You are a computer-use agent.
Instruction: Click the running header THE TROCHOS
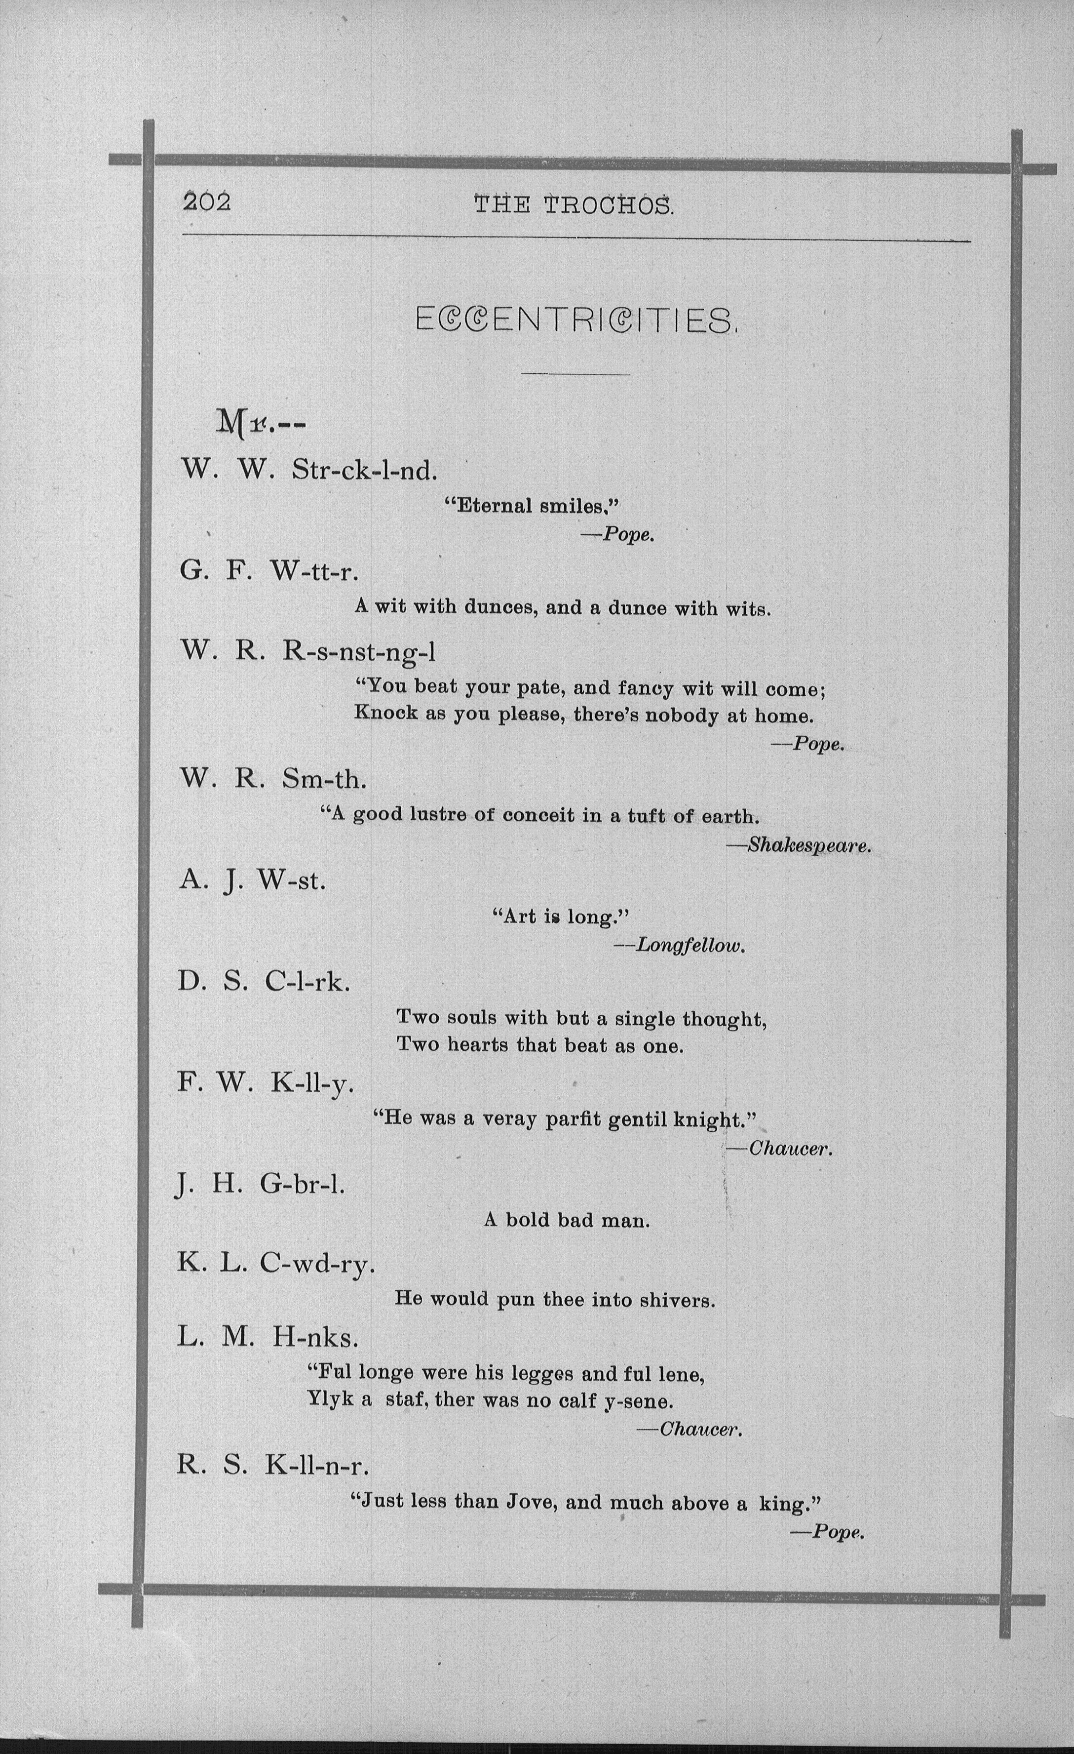click(x=573, y=206)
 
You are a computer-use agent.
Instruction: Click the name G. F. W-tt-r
click(x=269, y=571)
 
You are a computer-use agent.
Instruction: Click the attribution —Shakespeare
click(x=799, y=846)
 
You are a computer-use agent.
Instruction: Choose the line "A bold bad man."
click(x=567, y=1220)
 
